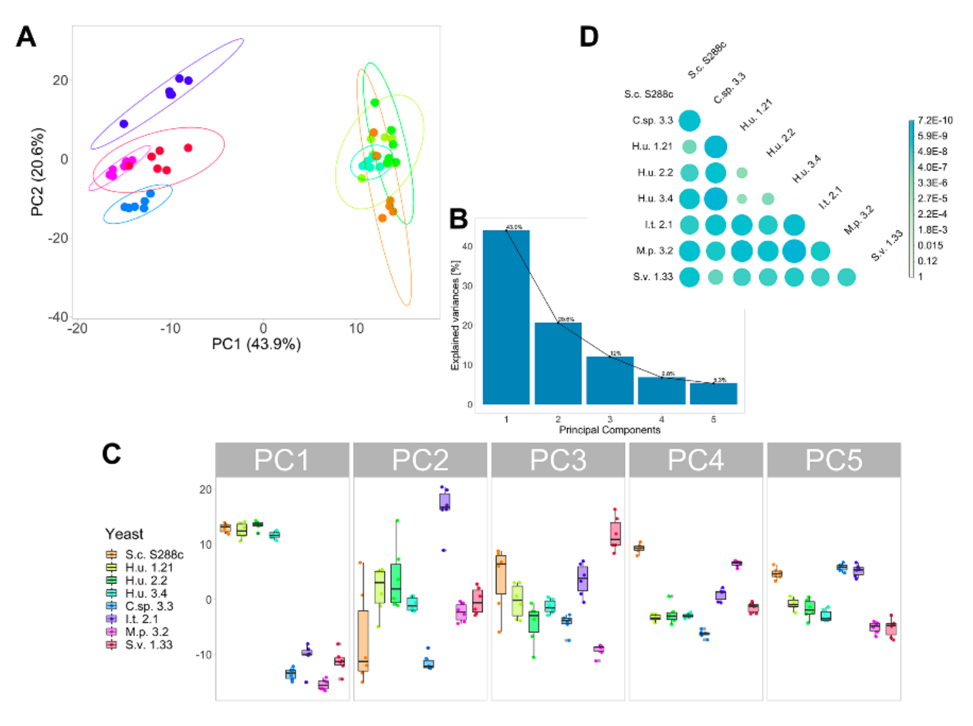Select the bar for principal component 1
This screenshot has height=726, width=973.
click(506, 316)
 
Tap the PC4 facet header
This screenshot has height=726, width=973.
click(695, 460)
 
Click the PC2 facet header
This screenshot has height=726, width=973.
click(420, 460)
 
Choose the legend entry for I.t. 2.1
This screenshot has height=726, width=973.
click(141, 619)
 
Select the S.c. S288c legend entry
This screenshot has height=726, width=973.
click(154, 555)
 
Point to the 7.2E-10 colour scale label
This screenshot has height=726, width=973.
click(935, 120)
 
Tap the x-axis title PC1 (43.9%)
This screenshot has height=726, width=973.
click(256, 344)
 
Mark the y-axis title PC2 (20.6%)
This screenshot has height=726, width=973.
click(38, 172)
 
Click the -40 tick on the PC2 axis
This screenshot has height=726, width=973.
click(58, 316)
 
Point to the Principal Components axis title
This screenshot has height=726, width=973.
click(609, 430)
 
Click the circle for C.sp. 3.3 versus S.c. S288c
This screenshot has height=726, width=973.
click(689, 120)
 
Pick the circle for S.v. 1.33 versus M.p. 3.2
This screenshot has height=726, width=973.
click(846, 277)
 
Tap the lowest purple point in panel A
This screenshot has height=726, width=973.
click(124, 124)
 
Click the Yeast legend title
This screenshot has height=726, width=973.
click(124, 534)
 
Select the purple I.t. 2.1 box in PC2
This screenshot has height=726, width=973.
click(444, 501)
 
